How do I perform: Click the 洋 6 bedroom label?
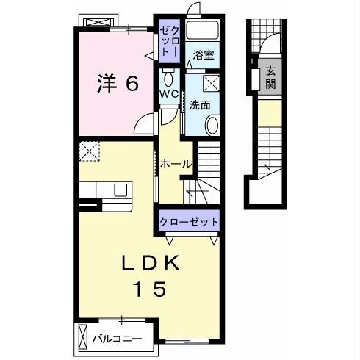coord(118,83)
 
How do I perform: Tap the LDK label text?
coord(151,263)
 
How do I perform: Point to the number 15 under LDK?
coord(150,289)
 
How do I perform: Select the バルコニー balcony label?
coord(117,339)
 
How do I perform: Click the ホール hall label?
coord(176,164)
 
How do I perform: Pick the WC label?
coord(169,94)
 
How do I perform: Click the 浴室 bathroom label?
coord(204,55)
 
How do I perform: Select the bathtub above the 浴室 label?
coord(202,30)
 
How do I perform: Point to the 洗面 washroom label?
coord(200,105)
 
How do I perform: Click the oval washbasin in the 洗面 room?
coord(212,126)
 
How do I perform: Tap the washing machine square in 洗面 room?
coord(211,83)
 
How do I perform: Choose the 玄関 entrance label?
coord(270,78)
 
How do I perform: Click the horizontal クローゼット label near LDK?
coord(189,222)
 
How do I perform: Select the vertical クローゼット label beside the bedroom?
coord(169,41)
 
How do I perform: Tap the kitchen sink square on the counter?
coord(120,190)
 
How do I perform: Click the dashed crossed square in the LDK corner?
coord(90,151)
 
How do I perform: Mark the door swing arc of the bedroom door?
coord(143,120)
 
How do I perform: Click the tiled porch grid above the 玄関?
coord(267,36)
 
